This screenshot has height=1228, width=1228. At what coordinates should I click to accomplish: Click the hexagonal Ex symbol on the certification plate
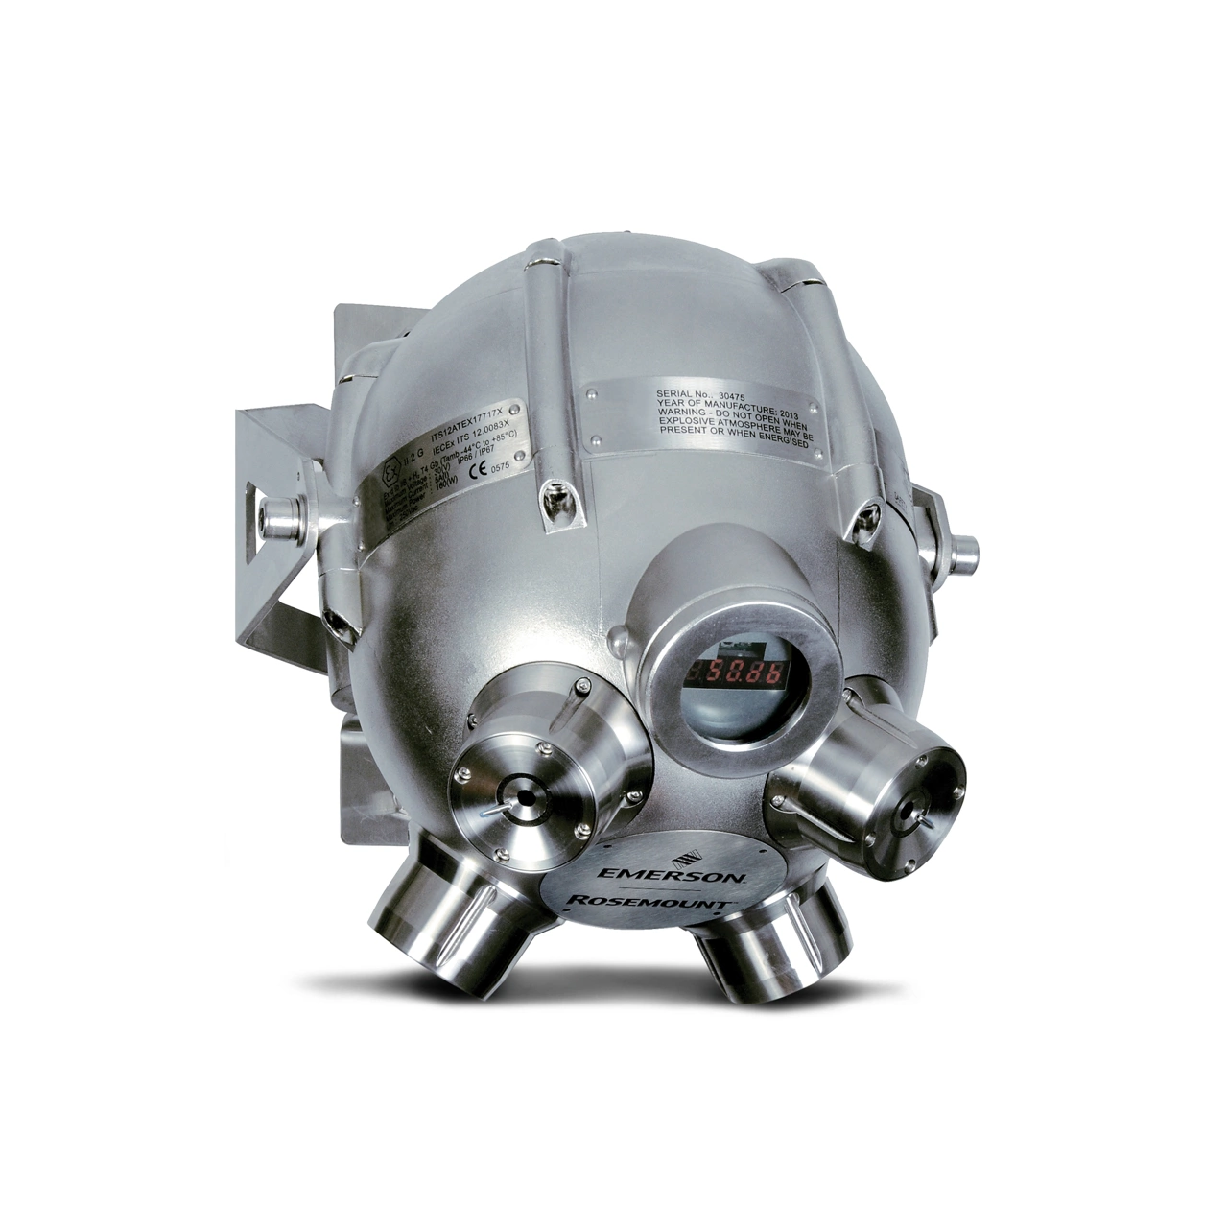[388, 475]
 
